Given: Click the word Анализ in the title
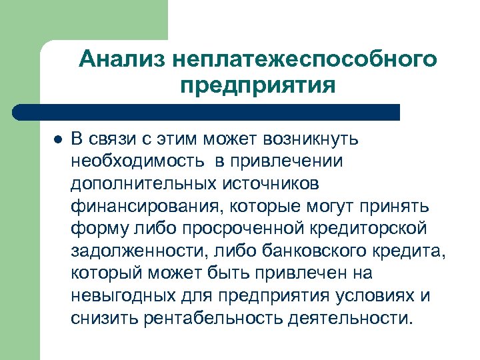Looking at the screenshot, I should (121, 60).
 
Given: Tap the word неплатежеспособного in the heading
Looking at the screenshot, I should (304, 60).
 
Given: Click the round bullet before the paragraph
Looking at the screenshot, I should (57, 140).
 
